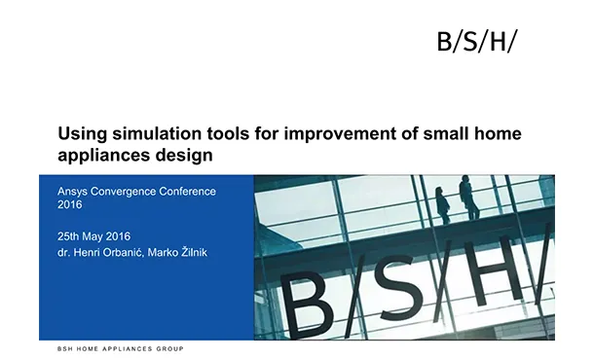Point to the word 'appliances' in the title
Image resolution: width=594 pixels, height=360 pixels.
click(x=100, y=155)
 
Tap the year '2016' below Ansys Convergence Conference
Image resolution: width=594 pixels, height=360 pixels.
click(x=70, y=204)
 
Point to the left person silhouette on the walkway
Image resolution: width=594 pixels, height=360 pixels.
click(x=443, y=204)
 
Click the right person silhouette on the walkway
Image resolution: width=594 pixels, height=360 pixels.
click(x=468, y=198)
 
